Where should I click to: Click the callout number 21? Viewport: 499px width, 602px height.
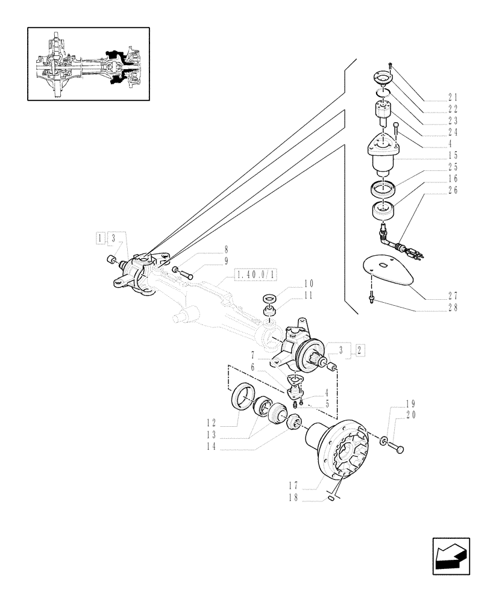click(453, 98)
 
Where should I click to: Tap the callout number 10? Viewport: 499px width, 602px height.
click(309, 283)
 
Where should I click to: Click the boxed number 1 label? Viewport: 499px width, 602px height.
click(99, 239)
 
